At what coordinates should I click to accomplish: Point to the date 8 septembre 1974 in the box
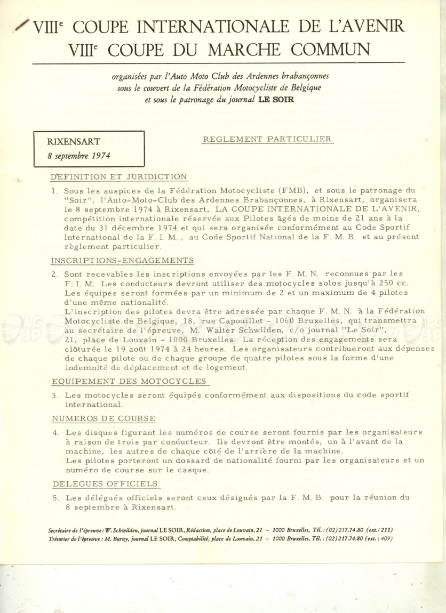(x=75, y=157)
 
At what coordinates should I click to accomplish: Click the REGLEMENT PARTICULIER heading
(x=268, y=140)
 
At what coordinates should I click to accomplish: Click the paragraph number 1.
(x=54, y=190)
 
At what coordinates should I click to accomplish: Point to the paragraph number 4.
(x=55, y=432)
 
